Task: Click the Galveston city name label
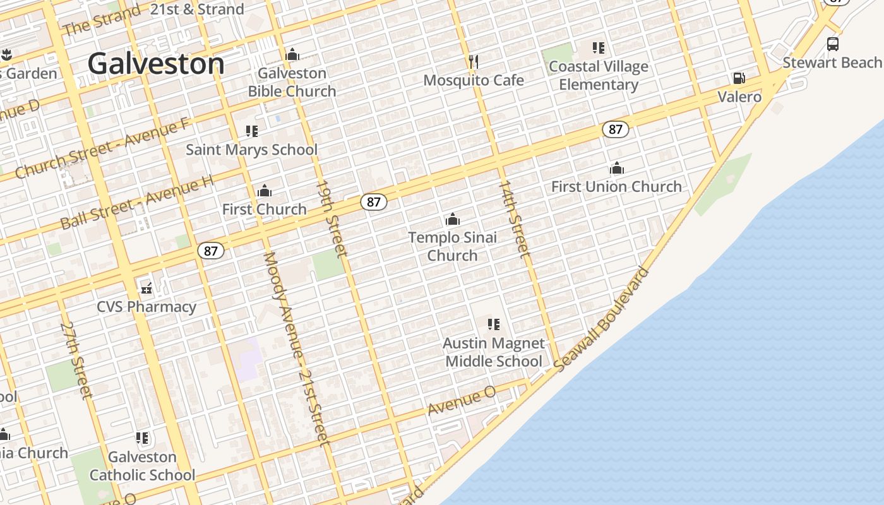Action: tap(156, 64)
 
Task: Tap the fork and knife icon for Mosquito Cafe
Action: tap(473, 61)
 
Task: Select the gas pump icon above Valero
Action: tap(739, 78)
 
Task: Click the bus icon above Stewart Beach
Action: tap(833, 44)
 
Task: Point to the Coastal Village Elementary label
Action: tap(598, 76)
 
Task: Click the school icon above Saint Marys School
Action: tap(251, 131)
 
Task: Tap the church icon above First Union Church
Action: tap(617, 169)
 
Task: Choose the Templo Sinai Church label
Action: tap(452, 246)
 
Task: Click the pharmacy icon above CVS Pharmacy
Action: tap(146, 288)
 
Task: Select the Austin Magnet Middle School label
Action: tap(494, 352)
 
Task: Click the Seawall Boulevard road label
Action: tap(602, 319)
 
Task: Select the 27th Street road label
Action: tap(76, 360)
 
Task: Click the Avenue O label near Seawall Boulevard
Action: tap(462, 401)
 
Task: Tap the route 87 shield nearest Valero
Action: tap(615, 129)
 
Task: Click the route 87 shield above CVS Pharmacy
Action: tap(210, 251)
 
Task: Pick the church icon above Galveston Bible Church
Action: tap(292, 55)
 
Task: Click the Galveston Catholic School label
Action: tap(143, 466)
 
